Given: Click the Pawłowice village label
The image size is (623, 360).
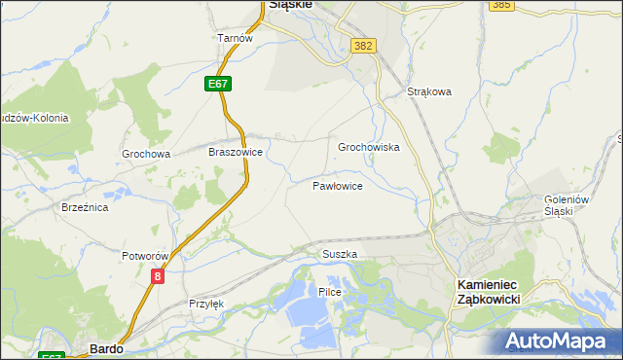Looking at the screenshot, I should pos(338,185).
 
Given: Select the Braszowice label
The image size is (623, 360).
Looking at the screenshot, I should pos(236,153).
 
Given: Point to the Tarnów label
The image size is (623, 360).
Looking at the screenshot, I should pos(235,38).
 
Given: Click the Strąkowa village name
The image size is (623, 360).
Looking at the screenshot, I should pos(429,92).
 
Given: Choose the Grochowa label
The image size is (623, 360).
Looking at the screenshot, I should pos(146,154).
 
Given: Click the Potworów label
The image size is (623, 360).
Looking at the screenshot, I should pos(146,256).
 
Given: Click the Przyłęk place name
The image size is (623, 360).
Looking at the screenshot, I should pos(206,304).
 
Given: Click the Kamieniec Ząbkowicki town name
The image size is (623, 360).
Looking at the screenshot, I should pos(490,291).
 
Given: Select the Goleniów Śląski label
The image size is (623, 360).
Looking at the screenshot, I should pos(568,205).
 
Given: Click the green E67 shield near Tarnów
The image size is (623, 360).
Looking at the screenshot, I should pos(218,85).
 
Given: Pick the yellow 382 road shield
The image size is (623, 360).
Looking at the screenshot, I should pos(364,46).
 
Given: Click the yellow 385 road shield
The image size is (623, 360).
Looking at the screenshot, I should pos(501,5).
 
